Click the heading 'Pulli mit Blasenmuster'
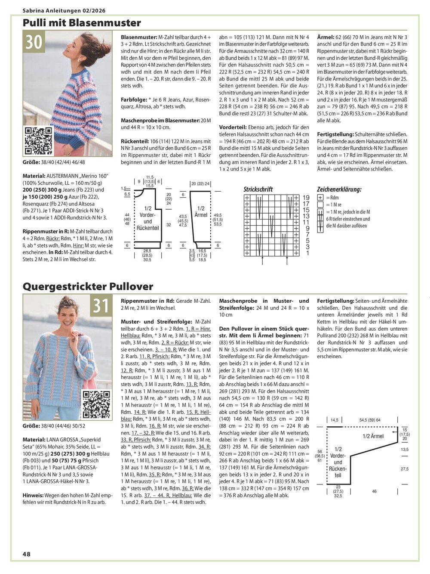point(82,22)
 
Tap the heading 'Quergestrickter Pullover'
point(88,286)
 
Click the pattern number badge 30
point(34,42)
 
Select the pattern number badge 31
point(101,305)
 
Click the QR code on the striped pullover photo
point(39,141)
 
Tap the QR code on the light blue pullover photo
point(97,404)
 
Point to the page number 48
point(27,554)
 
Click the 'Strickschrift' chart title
point(258,189)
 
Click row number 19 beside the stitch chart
point(306,198)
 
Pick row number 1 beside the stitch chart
point(307,254)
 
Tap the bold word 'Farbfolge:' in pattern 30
point(135,99)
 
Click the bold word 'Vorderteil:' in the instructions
point(233,127)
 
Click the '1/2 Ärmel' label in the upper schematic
point(201,211)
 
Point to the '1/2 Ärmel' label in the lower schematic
point(373,436)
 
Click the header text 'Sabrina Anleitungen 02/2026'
point(64,10)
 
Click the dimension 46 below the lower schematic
point(374,491)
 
